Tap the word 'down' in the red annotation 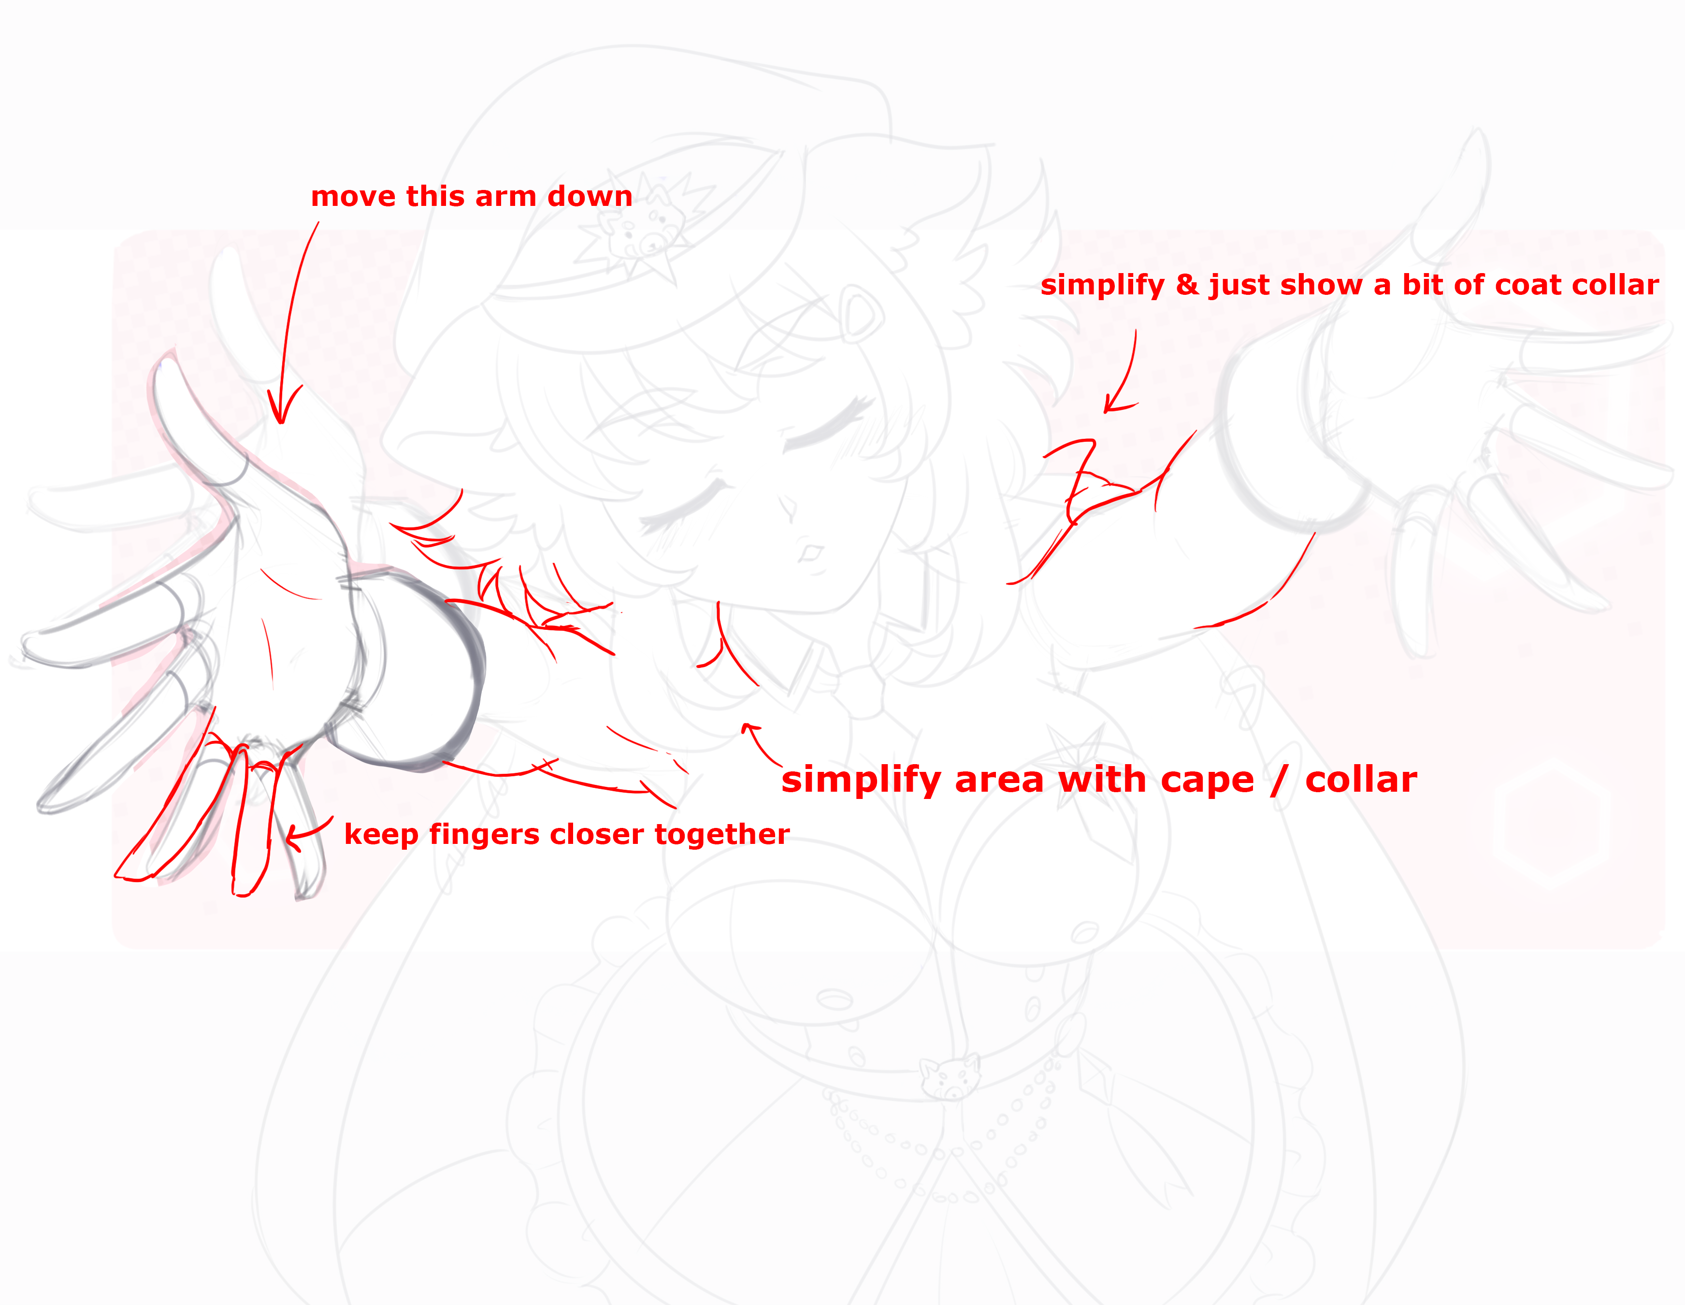point(590,196)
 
